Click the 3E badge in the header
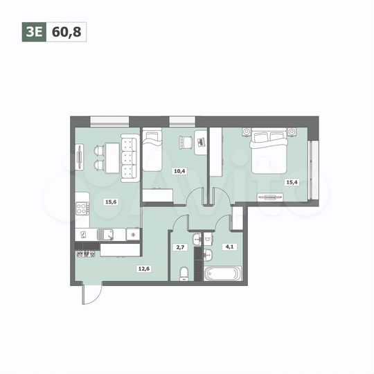click(x=33, y=30)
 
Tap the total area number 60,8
click(x=66, y=30)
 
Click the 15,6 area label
click(x=109, y=202)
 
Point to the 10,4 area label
click(x=179, y=170)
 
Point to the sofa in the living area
click(x=127, y=158)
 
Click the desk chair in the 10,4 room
click(x=185, y=142)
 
